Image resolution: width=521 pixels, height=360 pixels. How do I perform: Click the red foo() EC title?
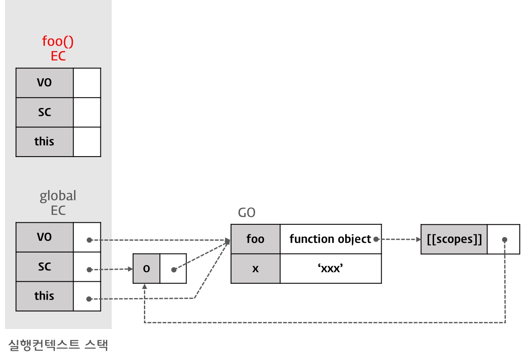58,48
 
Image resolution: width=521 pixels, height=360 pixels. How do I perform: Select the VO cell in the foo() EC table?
45,83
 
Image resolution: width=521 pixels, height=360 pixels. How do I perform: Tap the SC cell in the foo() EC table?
45,112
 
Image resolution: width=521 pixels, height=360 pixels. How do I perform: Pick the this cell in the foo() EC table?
45,141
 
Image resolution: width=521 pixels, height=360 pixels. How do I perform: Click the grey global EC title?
58,203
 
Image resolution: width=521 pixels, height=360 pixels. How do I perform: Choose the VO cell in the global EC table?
45,237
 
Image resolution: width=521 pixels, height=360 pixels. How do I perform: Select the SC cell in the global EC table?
45,266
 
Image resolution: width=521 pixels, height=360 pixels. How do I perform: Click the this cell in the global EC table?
45,296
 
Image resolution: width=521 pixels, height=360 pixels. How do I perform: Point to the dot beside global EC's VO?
89,240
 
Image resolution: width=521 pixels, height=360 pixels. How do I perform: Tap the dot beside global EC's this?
89,299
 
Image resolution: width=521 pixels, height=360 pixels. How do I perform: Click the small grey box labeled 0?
146,269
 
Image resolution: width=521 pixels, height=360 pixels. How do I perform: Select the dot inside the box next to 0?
173,270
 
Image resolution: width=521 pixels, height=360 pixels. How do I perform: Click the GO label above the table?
246,213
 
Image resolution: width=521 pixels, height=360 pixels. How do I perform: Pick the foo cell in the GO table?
255,239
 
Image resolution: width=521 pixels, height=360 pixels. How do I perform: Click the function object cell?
330,239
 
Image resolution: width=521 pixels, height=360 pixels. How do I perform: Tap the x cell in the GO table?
255,268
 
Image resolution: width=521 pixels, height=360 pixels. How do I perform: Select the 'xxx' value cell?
331,268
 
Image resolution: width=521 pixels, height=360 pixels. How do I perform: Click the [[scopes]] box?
454,239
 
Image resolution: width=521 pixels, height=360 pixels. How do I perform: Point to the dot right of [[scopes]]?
505,240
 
